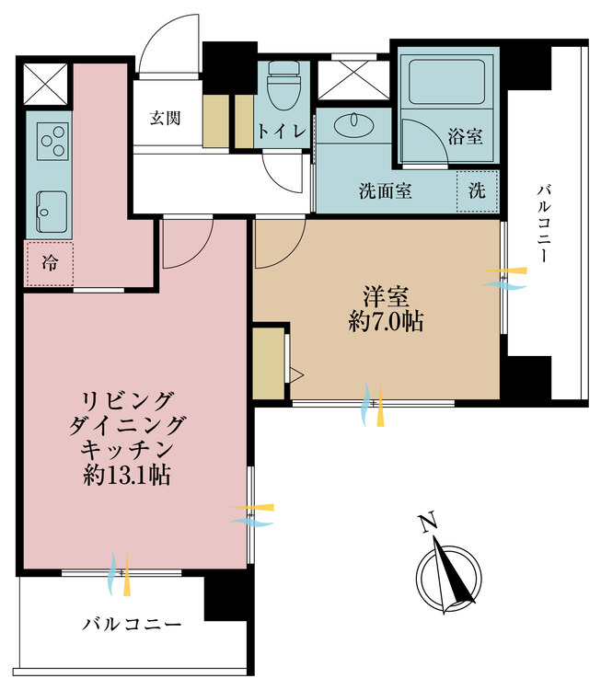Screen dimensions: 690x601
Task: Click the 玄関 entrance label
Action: click(x=165, y=117)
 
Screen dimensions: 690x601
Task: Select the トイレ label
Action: click(x=283, y=131)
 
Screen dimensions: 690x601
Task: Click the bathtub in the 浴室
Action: click(x=446, y=82)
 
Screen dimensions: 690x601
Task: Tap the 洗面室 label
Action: click(x=385, y=191)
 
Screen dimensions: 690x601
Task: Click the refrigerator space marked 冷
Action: click(x=48, y=263)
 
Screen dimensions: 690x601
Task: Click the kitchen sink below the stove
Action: click(x=51, y=211)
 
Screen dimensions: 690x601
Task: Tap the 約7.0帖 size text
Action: click(x=385, y=322)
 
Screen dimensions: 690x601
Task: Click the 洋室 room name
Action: click(x=385, y=296)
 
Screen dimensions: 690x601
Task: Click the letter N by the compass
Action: click(x=426, y=523)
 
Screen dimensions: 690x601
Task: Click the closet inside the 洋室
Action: click(x=269, y=361)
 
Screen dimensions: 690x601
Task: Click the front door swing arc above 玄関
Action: click(x=172, y=41)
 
